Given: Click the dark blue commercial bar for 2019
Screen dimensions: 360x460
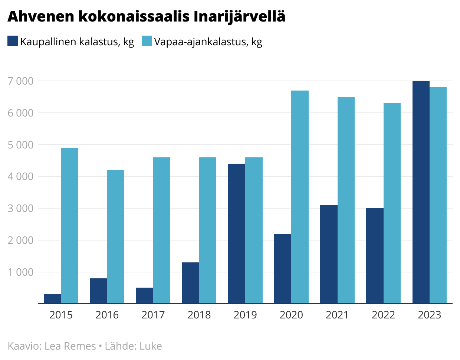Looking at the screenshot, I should [237, 234].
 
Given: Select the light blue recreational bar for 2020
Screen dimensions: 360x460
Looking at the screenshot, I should [300, 197].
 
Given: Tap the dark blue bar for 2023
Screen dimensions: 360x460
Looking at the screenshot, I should [421, 192].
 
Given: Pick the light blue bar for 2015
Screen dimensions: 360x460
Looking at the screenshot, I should [70, 226].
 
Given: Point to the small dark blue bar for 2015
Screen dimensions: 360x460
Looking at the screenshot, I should [52, 299].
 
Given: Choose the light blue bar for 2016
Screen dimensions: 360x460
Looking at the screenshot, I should [116, 237].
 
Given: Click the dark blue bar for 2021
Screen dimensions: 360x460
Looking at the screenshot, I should [329, 254].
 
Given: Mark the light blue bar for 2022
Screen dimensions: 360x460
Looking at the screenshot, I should [392, 203].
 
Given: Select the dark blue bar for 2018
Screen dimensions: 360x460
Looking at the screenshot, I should [191, 283].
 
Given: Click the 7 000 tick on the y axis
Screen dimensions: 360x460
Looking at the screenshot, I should [20, 81].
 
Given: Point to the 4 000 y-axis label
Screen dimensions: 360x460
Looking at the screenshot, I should [20, 176].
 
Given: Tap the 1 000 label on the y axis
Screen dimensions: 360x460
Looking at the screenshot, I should [20, 272].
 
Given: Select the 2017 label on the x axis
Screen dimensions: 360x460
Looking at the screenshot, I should [153, 315].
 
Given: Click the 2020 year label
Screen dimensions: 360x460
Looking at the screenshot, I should [291, 315].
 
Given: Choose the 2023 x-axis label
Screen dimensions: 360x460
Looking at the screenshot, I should [429, 315].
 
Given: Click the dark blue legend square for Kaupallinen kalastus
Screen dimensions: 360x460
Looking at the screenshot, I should [13, 41].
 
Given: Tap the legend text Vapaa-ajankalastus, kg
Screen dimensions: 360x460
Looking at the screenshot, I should [208, 42].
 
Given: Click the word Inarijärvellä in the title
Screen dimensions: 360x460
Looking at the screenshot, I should [240, 17].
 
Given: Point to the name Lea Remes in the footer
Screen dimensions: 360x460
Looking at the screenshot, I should [70, 346].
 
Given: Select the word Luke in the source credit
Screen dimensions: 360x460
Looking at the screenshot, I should [151, 346].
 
